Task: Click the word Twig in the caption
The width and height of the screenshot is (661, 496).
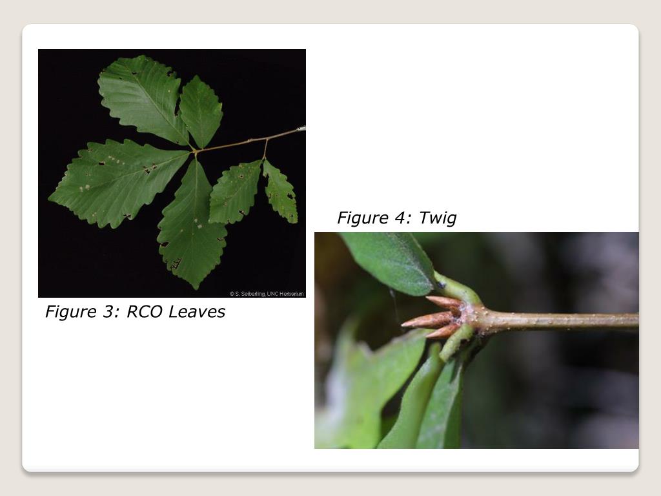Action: point(438,218)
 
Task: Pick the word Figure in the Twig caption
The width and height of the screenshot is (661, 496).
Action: point(363,218)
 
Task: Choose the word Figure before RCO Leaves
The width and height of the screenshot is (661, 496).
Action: point(70,311)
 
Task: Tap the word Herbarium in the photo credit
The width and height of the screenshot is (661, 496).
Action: point(290,294)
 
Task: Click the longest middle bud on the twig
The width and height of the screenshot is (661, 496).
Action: point(426,320)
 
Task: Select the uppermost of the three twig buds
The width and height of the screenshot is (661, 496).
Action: point(443,302)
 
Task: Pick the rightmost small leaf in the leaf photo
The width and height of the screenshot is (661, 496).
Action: point(281,192)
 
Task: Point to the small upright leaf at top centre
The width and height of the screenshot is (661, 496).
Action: point(201,111)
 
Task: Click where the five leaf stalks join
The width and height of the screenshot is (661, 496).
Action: point(194,153)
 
